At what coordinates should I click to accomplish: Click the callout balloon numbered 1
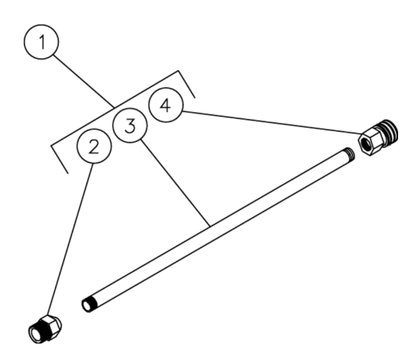41,42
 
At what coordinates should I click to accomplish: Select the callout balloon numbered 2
94,146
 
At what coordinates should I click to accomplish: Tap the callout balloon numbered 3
130,126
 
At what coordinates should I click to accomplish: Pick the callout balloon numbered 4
166,105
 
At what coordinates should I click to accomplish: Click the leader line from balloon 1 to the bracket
83,82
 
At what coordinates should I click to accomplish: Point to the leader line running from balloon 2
70,239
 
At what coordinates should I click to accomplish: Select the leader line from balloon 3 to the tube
175,183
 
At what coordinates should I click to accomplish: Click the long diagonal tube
218,230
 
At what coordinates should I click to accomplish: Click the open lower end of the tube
86,306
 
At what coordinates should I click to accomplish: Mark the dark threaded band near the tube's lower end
93,303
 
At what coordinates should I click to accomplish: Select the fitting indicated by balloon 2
44,329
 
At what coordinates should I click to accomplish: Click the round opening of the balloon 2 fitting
36,334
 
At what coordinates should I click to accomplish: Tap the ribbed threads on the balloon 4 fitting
388,132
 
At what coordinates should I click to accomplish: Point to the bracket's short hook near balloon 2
60,160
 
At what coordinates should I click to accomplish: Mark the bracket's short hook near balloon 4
186,84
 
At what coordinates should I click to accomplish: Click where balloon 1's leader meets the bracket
114,108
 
